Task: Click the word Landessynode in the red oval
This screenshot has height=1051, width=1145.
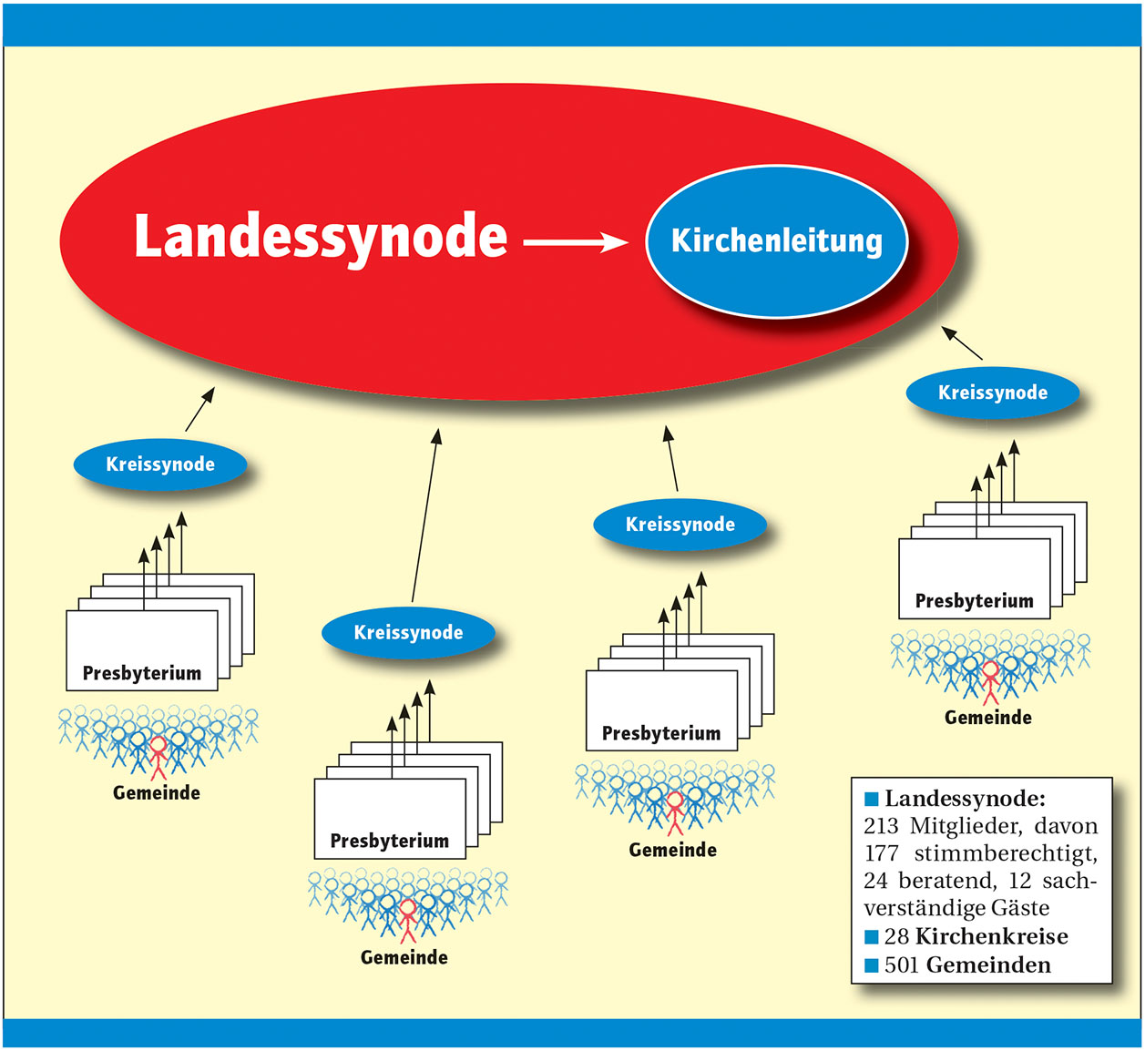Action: (x=320, y=237)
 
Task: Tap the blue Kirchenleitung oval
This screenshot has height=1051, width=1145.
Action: (x=777, y=241)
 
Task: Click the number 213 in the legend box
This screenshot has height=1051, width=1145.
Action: (x=881, y=827)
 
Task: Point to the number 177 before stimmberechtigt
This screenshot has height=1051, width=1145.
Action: (x=881, y=854)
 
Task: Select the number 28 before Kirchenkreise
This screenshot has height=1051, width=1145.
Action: (x=896, y=937)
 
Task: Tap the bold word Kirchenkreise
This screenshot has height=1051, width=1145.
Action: (x=991, y=937)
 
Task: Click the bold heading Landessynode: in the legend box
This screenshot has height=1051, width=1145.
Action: (x=965, y=800)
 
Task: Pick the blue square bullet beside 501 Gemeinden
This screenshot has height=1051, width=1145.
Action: (x=872, y=965)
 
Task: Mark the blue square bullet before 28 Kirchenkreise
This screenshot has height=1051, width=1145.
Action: (x=872, y=937)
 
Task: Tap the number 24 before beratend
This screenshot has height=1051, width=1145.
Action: (x=876, y=882)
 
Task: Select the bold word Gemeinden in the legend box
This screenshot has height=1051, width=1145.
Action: (x=988, y=965)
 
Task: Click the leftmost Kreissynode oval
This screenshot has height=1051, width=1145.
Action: (x=160, y=464)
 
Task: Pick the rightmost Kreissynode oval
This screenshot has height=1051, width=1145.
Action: (x=993, y=393)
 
